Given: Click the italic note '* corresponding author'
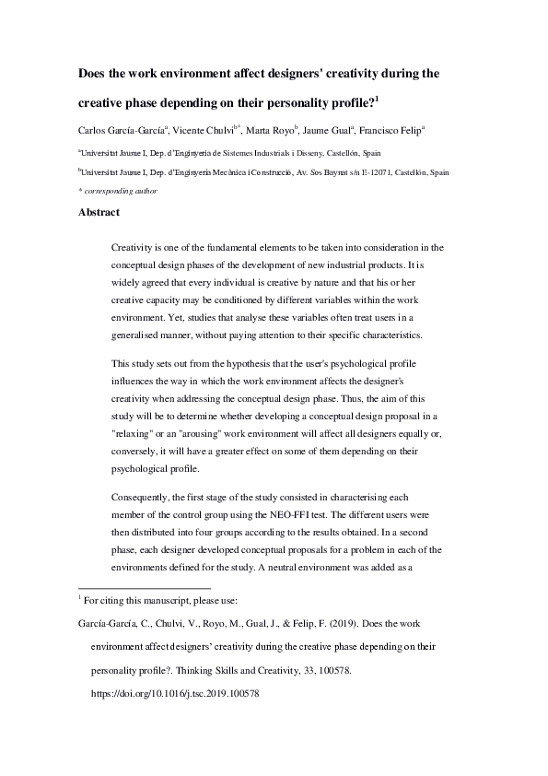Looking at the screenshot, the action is point(118,191).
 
